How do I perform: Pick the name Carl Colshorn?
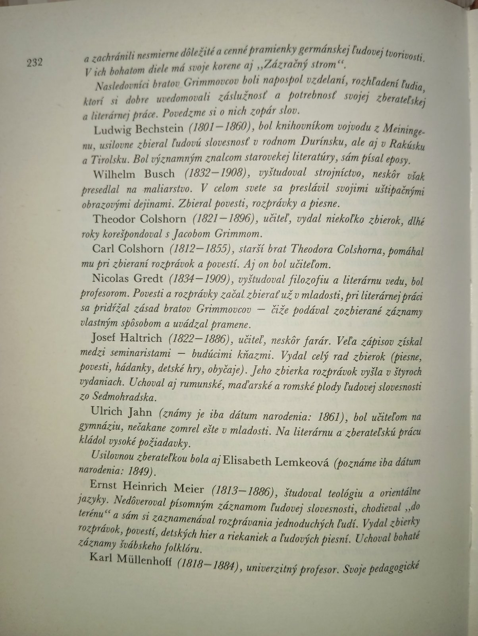127,249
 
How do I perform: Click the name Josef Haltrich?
126,338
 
